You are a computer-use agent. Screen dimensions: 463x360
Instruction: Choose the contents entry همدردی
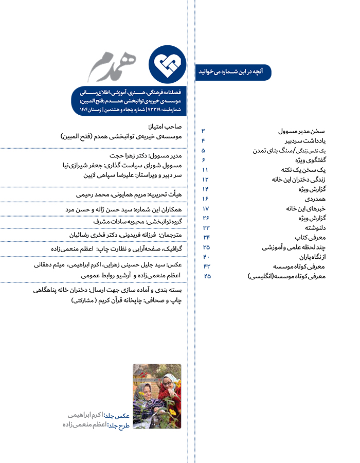coord(321,198)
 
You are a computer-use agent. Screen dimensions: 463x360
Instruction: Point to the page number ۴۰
coord(205,257)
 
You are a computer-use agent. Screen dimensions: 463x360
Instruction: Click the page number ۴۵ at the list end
coord(207,276)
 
